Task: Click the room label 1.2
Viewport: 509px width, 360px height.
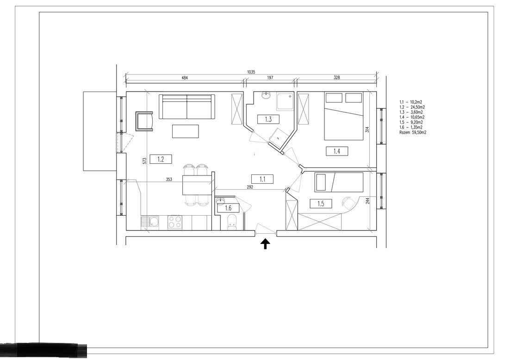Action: point(161,159)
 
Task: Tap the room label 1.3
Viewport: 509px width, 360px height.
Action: point(268,119)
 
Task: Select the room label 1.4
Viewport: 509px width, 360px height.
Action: point(336,150)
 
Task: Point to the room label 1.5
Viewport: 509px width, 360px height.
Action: point(321,204)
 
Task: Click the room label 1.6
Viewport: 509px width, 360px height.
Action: point(228,208)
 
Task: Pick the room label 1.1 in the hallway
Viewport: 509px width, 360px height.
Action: point(262,179)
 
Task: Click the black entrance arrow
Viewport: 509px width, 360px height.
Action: point(266,244)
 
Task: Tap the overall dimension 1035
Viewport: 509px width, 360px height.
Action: point(251,72)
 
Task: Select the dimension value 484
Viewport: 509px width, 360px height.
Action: point(185,78)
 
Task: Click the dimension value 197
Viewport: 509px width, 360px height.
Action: point(270,78)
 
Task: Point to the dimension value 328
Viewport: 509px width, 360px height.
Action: point(336,78)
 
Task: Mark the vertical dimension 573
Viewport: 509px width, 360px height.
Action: point(144,161)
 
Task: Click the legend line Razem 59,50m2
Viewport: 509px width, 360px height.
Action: point(412,132)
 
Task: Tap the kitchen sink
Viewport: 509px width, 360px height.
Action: point(152,222)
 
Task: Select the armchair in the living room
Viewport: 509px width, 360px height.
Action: point(144,121)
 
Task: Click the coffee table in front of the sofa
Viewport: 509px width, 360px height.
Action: point(186,131)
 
